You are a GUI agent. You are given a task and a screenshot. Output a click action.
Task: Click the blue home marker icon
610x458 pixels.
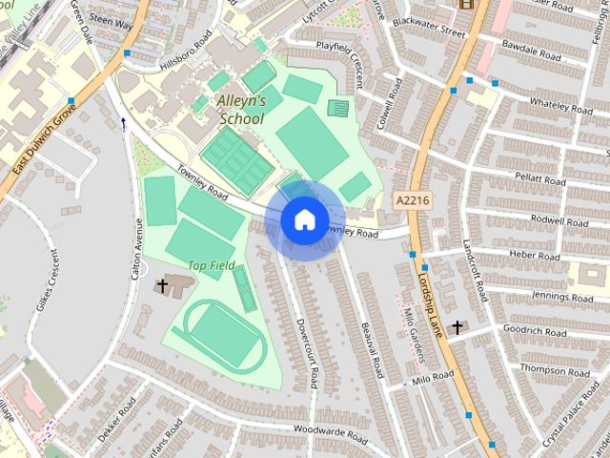303,219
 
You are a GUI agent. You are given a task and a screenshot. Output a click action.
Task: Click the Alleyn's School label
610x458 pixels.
242,110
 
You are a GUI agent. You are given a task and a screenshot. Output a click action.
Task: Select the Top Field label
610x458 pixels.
211,264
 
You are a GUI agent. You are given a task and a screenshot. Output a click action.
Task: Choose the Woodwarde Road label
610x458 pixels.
330,435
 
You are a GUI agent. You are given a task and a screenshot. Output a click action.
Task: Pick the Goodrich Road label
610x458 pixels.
534,332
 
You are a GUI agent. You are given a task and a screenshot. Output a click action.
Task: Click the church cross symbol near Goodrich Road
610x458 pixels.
457,328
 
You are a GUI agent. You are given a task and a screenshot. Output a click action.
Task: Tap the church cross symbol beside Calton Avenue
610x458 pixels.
162,284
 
